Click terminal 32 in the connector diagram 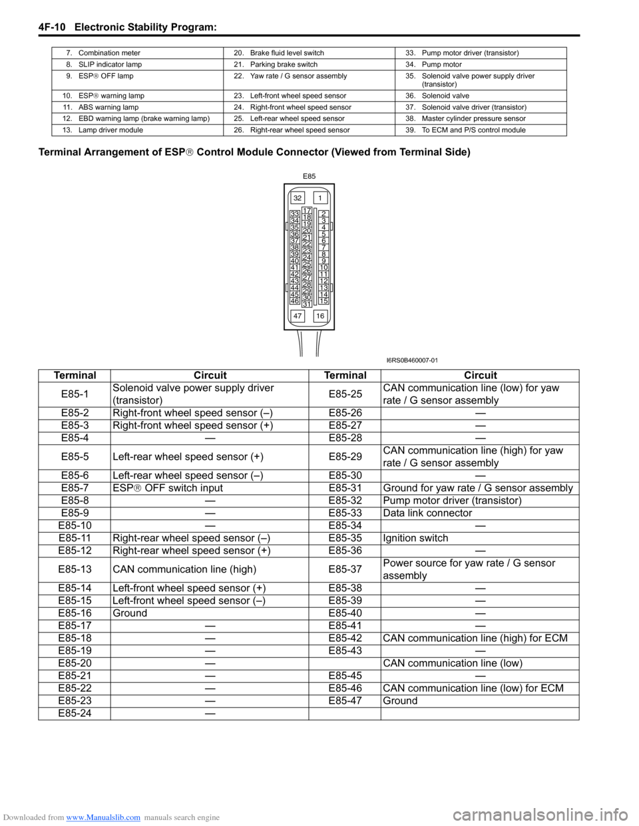click(x=298, y=198)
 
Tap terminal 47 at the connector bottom click(x=298, y=316)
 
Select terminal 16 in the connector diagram click(x=320, y=316)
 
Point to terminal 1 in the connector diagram click(x=320, y=198)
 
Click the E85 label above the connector click(x=309, y=176)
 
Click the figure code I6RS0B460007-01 click(x=412, y=360)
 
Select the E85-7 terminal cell click(x=75, y=488)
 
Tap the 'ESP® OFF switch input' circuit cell click(x=168, y=488)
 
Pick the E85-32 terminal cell click(x=345, y=501)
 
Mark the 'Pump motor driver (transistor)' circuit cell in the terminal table click(x=452, y=501)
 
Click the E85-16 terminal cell click(x=75, y=613)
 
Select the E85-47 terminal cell click(x=345, y=701)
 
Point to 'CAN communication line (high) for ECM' click(x=475, y=638)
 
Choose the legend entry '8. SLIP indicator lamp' click(x=109, y=65)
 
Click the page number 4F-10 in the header click(x=52, y=27)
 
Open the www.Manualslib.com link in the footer click(x=103, y=817)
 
